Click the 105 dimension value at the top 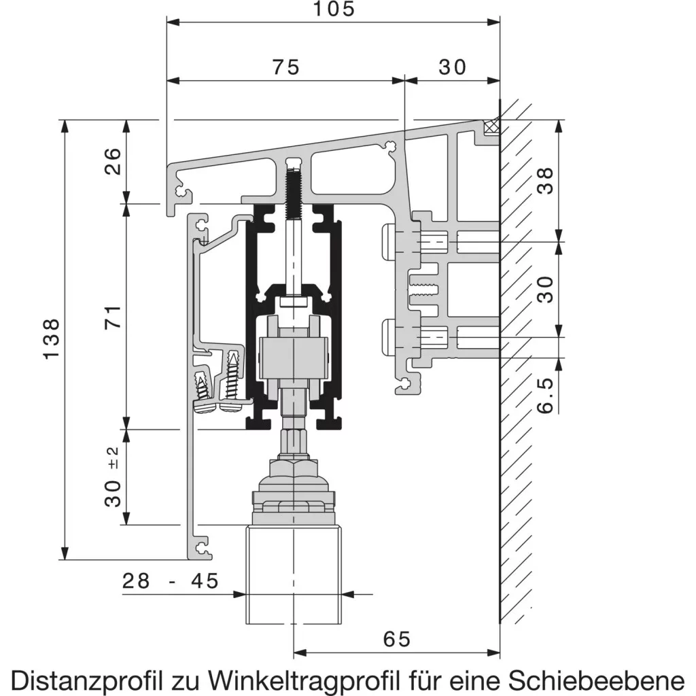click(334, 9)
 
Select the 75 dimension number click(286, 67)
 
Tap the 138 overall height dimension click(52, 338)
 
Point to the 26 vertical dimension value click(112, 161)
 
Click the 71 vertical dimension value click(112, 317)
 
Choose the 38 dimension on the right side click(546, 180)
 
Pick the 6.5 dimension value click(546, 395)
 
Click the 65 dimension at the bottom click(397, 639)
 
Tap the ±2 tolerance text click(114, 457)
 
